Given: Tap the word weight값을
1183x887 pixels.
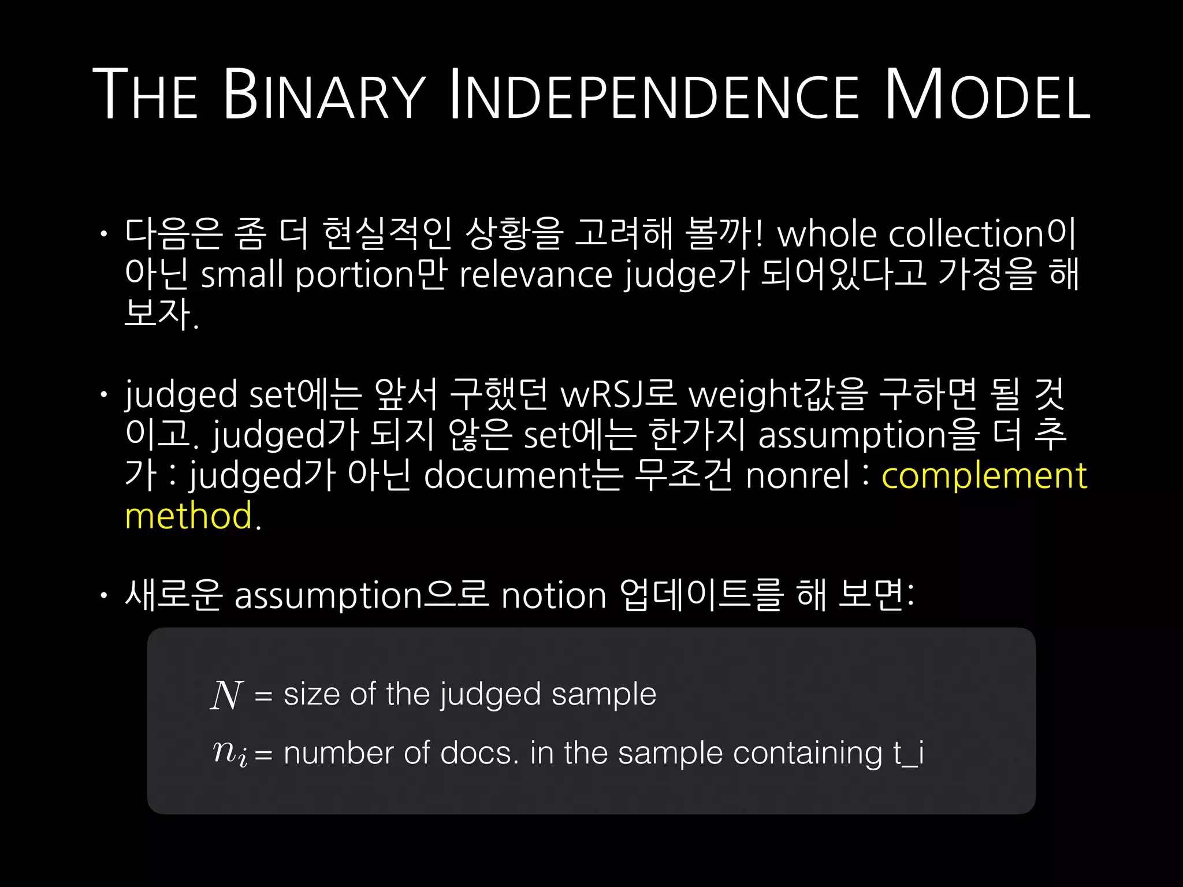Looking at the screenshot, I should [x=777, y=395].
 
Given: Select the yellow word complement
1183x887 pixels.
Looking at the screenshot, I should [x=984, y=476].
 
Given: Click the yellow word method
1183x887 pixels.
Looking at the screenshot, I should [x=189, y=516].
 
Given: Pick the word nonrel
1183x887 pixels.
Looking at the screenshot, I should [x=797, y=476].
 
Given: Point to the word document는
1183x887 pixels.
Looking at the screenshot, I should [x=523, y=476].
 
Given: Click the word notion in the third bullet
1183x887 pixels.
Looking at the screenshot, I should [x=553, y=595].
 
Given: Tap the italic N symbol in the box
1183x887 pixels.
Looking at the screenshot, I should [x=226, y=695].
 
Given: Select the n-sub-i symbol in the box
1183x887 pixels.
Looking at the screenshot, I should [x=230, y=753].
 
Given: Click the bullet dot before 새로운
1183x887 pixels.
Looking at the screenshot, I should [x=103, y=595].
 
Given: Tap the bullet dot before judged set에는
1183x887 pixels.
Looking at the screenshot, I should [x=103, y=395].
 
